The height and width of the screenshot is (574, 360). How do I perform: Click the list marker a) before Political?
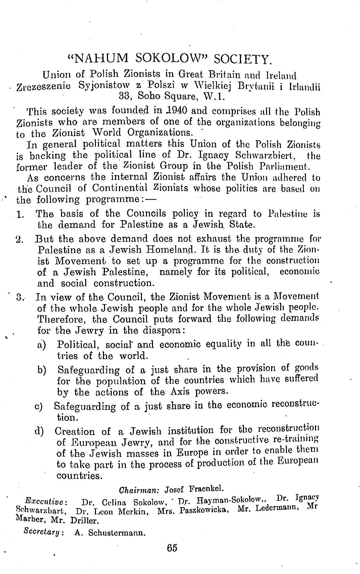pyautogui.click(x=42, y=345)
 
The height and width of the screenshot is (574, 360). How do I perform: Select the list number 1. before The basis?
pyautogui.click(x=20, y=214)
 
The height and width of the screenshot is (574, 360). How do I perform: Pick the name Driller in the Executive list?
pyautogui.click(x=84, y=521)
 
